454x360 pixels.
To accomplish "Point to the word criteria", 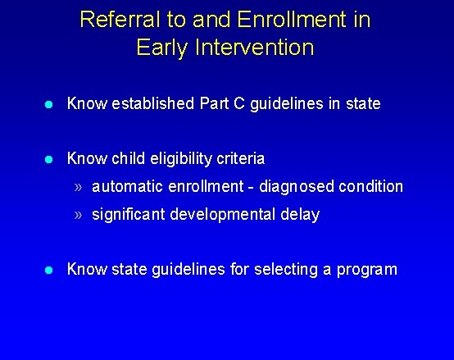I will [238, 157].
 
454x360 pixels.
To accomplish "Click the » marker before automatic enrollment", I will [78, 187].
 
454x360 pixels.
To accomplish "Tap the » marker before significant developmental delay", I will [78, 215].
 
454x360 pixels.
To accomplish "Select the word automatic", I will [125, 187].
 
